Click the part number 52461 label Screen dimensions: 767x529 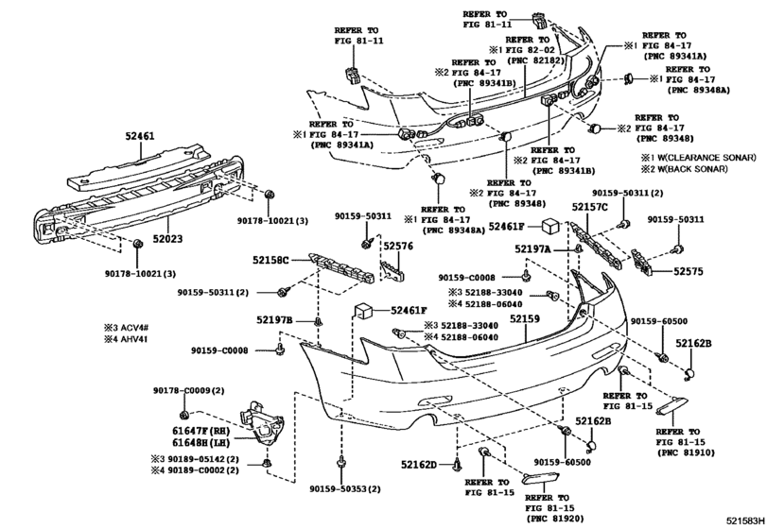tap(138, 135)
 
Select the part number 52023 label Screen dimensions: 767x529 tap(166, 239)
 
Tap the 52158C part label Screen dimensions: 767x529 tap(270, 261)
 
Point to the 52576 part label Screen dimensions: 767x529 tap(397, 247)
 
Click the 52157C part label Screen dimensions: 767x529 tap(590, 208)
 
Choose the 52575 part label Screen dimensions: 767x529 tap(689, 271)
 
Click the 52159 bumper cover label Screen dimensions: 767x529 tap(525, 319)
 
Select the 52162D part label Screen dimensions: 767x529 tap(419, 465)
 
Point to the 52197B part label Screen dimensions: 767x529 tap(274, 320)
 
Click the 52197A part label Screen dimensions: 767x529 tap(532, 249)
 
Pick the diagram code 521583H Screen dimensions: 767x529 tap(744, 520)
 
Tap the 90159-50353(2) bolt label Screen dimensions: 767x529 tap(345, 489)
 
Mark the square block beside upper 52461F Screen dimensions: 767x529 tap(550, 227)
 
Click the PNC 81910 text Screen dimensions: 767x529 tap(687, 452)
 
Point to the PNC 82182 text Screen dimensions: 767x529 tap(536, 60)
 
